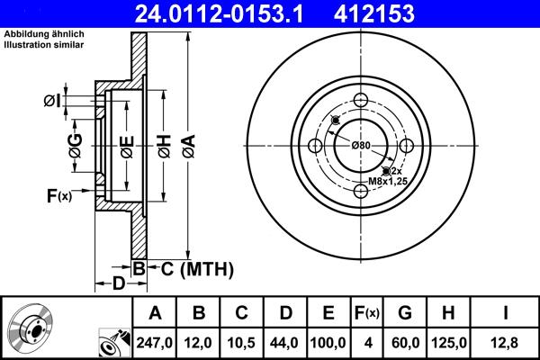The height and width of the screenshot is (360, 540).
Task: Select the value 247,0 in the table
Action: click(x=154, y=343)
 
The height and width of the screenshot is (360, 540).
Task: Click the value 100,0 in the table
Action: click(x=328, y=343)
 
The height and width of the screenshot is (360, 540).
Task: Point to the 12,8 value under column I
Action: click(x=506, y=343)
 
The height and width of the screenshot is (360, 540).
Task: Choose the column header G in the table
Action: click(x=404, y=313)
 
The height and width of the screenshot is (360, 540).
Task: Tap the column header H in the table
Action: click(x=449, y=313)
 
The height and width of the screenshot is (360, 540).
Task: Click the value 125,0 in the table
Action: click(x=449, y=343)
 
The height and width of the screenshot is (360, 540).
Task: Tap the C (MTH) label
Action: click(x=191, y=268)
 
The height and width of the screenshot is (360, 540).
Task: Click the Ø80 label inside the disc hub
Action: click(x=362, y=145)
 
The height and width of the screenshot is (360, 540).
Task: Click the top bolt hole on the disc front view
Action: click(x=362, y=101)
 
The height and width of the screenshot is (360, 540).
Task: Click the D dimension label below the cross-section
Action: click(x=118, y=284)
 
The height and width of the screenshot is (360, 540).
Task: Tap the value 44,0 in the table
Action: click(x=283, y=343)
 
